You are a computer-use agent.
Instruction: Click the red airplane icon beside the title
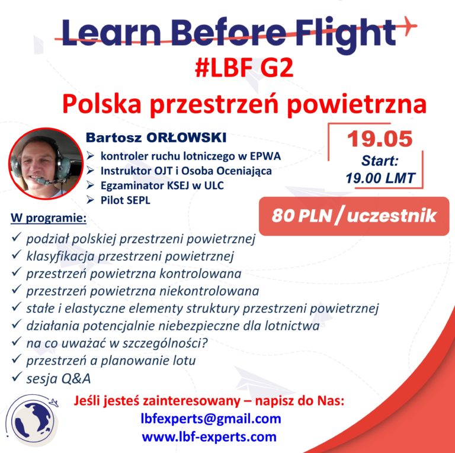coord(409,25)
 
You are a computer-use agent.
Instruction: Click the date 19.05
coord(380,139)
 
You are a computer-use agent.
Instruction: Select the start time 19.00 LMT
coord(380,178)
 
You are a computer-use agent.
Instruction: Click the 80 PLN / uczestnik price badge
coord(354,216)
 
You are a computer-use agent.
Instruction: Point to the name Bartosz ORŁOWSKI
coord(156,138)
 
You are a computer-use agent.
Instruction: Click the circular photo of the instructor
coord(46,164)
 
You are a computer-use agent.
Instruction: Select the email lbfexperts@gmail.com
coord(211,419)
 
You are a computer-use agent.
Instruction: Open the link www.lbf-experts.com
coord(209,436)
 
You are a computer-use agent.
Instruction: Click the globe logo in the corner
coord(32,419)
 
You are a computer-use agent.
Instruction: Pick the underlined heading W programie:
coord(49,218)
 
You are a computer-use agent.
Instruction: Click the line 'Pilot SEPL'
coord(126,200)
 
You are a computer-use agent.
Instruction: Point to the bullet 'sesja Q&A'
coord(58,378)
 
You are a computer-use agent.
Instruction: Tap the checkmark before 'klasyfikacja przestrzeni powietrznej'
coord(16,254)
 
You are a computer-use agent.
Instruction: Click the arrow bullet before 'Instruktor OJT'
coord(90,170)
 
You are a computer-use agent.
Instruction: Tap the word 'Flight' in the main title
coord(345,33)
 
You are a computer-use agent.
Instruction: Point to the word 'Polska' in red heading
coord(101,104)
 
